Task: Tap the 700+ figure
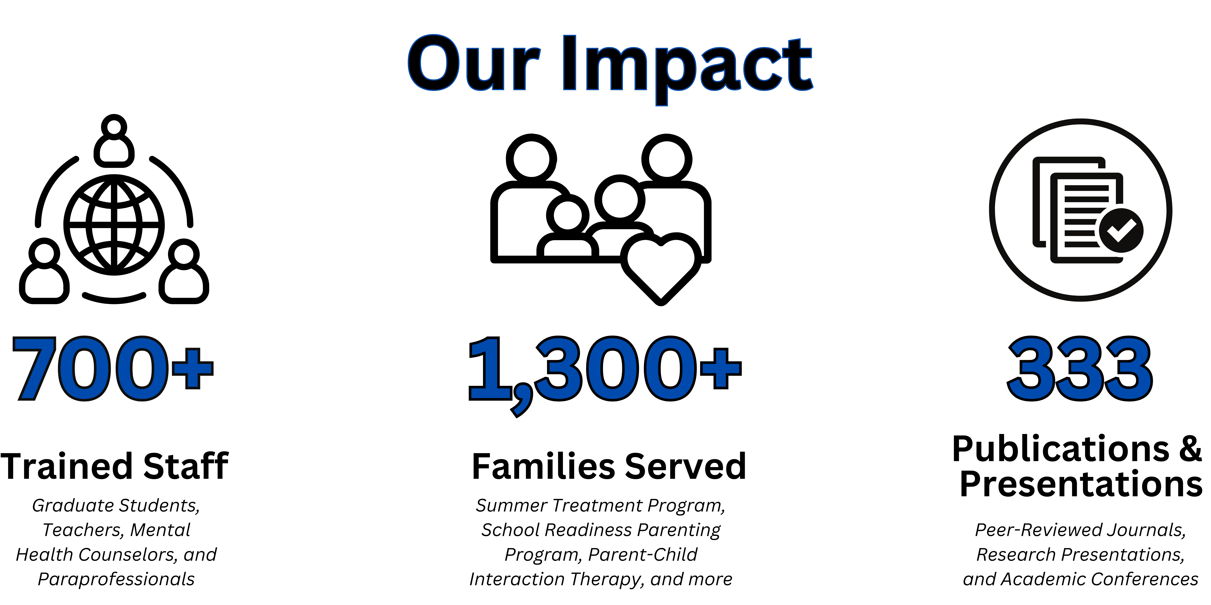pyautogui.click(x=113, y=368)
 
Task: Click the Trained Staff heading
pyautogui.click(x=114, y=466)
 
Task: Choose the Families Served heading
pyautogui.click(x=609, y=466)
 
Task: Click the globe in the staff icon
pyautogui.click(x=114, y=225)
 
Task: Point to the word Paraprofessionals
pyautogui.click(x=116, y=579)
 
